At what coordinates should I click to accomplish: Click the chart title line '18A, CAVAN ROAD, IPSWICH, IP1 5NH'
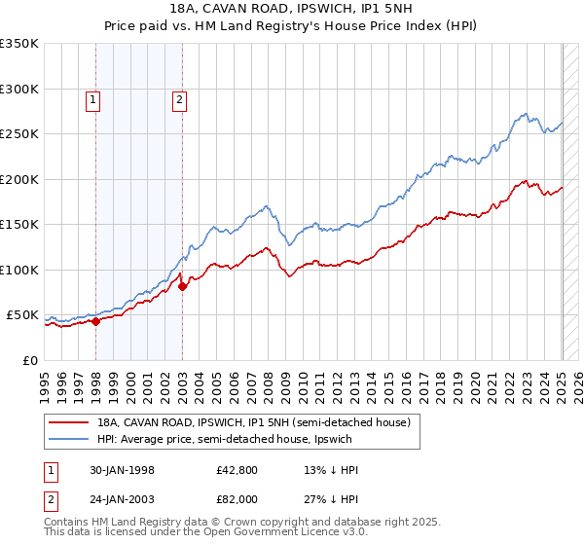click(x=292, y=9)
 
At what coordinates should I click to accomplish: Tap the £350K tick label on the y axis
click(x=19, y=44)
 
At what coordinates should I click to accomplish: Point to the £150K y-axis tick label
click(x=19, y=225)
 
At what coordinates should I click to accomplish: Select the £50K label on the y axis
click(x=22, y=315)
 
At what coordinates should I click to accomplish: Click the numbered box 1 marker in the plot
click(x=92, y=98)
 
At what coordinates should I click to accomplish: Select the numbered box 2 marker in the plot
click(x=181, y=98)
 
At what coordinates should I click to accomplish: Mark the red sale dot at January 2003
click(x=182, y=286)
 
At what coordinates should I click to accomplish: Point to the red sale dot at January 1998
click(x=96, y=322)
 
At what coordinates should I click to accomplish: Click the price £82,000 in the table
click(x=237, y=498)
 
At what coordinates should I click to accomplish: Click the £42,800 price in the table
click(x=237, y=469)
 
